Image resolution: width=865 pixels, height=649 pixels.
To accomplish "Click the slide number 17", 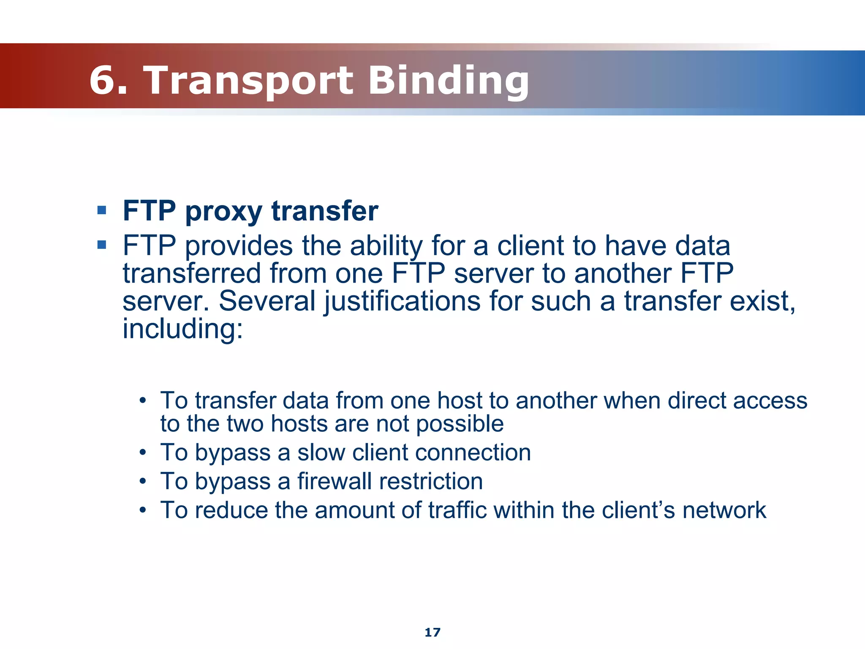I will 432,632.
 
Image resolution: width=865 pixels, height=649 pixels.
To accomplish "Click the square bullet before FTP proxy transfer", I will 101,210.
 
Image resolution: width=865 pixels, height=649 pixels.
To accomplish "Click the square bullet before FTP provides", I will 101,245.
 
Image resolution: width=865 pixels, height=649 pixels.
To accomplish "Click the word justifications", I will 402,301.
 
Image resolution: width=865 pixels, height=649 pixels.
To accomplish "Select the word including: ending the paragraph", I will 183,329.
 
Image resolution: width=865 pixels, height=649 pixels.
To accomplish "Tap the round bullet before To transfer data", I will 143,400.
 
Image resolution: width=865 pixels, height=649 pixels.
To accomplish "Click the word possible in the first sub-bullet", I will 460,424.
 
